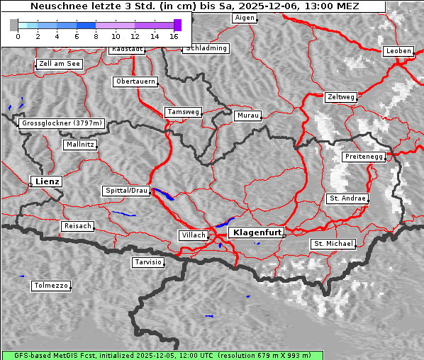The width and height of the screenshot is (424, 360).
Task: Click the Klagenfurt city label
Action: coord(257,232)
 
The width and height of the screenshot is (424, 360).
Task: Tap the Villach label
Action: coord(193,235)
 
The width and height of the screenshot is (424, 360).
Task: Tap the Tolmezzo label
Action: coord(50,286)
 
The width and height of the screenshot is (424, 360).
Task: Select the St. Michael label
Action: coord(333,244)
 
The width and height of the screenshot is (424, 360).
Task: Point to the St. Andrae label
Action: coord(347,198)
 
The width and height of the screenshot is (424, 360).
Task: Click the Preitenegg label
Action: coord(364,156)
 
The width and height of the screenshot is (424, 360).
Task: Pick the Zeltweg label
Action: coord(341,96)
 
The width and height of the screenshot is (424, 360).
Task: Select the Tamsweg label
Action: coord(184,112)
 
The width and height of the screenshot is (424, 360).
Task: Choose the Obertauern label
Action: coord(135,81)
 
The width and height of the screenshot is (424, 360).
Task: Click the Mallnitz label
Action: coord(79,145)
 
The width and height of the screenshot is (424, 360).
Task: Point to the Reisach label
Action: coord(78,226)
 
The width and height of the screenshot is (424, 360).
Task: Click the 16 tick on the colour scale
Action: coord(174,35)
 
